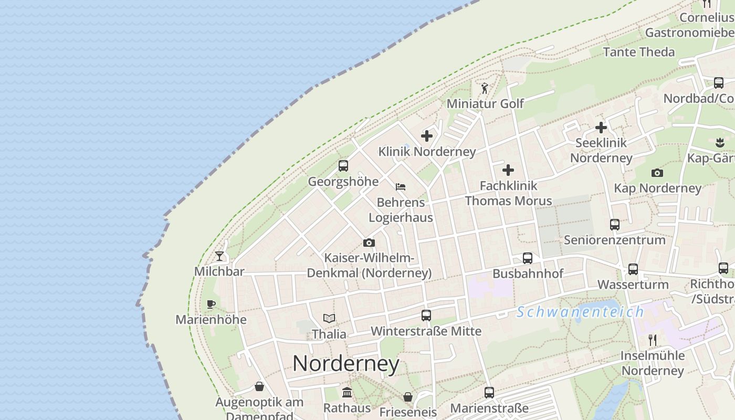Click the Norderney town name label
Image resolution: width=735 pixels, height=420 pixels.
pos(346,363)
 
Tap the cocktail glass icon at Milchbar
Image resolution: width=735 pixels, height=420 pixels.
pos(219,256)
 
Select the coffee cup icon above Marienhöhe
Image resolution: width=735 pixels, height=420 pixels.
pos(211,304)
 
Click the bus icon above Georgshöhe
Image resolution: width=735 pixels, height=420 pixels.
pos(343,166)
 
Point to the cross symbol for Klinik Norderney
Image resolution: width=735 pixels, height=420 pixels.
pos(427,136)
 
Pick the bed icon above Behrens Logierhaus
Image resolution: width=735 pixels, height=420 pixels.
pos(401,187)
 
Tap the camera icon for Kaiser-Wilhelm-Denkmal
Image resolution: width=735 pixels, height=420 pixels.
pos(369,243)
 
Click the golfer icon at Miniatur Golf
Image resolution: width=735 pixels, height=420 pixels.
pos(485,88)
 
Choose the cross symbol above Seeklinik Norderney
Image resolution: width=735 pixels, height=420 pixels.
pos(601,127)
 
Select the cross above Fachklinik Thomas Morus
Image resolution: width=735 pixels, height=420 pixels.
pos(508,170)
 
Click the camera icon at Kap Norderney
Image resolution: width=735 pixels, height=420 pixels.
pos(657,173)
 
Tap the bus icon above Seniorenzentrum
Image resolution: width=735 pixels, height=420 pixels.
pos(615,225)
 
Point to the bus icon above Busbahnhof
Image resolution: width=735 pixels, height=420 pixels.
pos(528,258)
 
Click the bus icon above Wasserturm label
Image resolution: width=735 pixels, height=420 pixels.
pos(633,269)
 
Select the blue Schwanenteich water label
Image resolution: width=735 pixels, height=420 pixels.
pos(580,312)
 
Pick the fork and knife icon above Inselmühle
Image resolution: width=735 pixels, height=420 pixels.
pos(653,340)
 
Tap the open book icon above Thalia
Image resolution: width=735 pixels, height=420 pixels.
pos(329,318)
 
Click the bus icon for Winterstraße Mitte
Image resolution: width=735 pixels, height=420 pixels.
pos(426,316)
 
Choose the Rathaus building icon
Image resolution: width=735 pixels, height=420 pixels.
pos(347,392)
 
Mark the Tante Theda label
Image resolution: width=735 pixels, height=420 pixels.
pos(639,52)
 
